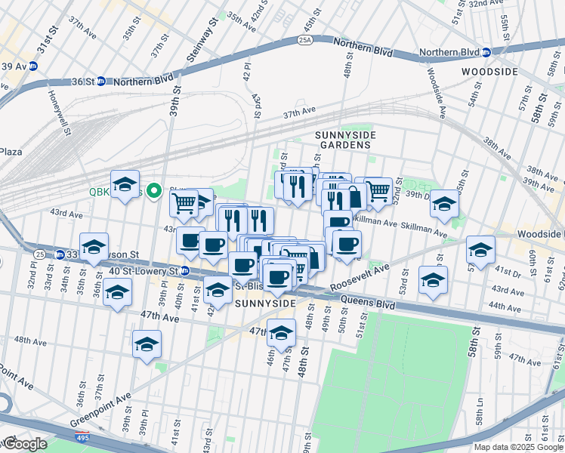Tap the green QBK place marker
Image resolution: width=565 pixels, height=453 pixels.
[x=154, y=191]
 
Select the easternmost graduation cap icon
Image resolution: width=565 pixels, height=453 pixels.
[x=480, y=250]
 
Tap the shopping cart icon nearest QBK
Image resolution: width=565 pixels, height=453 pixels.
[x=184, y=202]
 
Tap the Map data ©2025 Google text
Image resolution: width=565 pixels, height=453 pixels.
[x=517, y=447]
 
